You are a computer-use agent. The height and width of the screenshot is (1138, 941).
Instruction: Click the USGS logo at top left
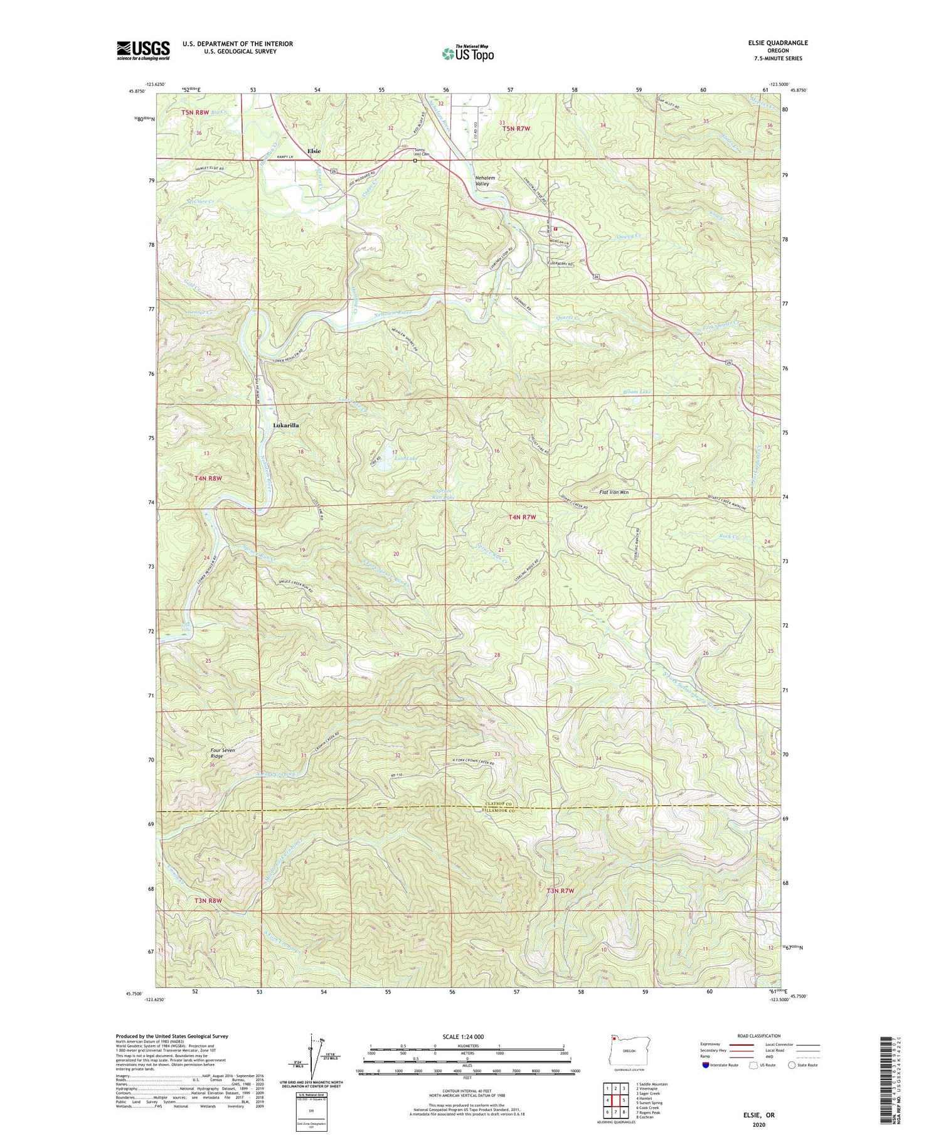tap(143, 50)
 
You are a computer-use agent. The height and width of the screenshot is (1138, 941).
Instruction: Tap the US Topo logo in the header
tap(467, 54)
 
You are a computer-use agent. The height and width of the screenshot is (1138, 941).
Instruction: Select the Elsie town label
tap(314, 151)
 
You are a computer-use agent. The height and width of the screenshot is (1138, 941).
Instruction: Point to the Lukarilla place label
tap(286, 425)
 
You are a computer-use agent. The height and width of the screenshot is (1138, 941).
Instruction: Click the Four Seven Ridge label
tap(216, 753)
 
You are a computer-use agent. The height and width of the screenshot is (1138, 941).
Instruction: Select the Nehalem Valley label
tap(485, 181)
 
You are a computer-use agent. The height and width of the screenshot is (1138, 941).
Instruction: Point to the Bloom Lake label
tap(637, 392)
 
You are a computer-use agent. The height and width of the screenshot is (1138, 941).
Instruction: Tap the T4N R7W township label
tap(522, 517)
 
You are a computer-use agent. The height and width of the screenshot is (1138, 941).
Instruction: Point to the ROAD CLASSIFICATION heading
tap(759, 1036)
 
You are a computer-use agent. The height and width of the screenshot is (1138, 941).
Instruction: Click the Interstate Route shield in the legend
tap(706, 1065)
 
